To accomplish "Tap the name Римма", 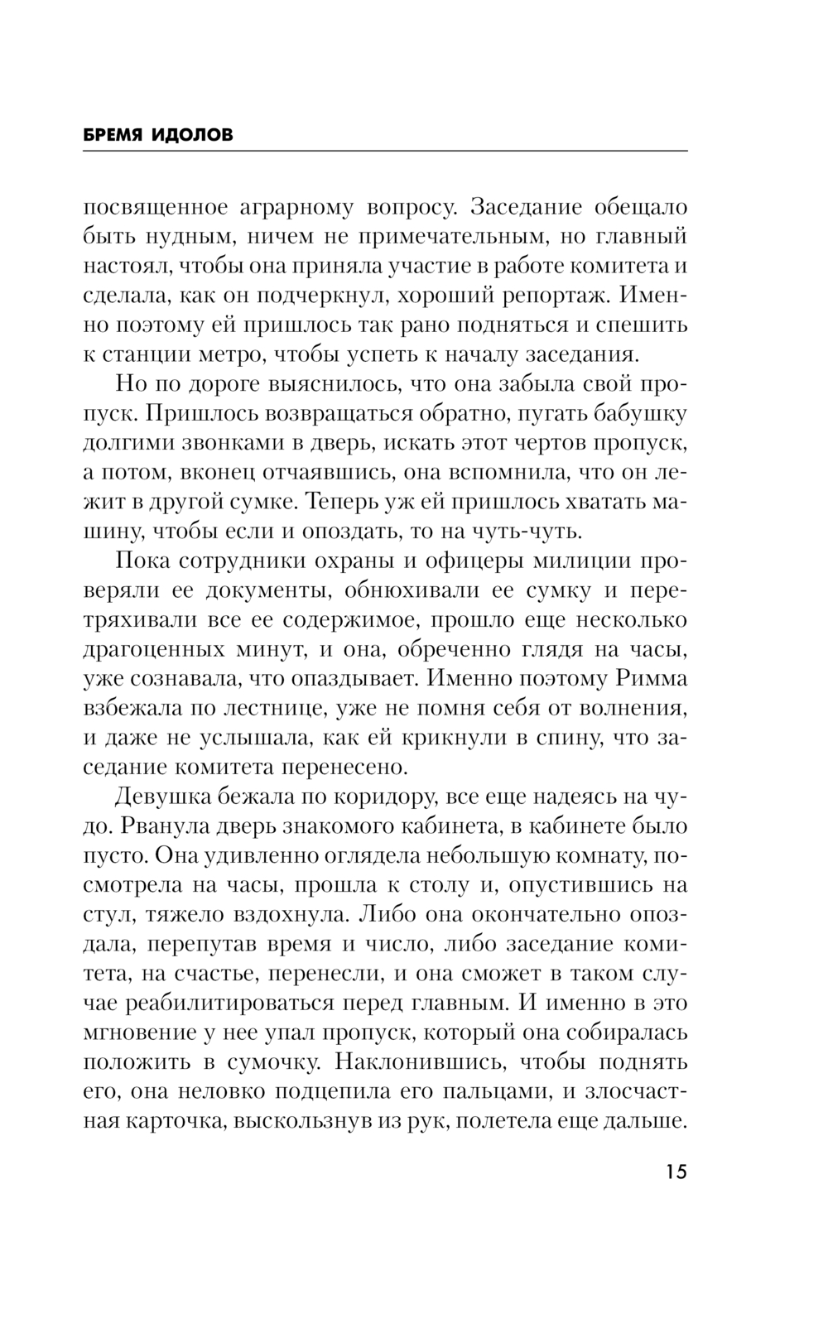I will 652,678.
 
